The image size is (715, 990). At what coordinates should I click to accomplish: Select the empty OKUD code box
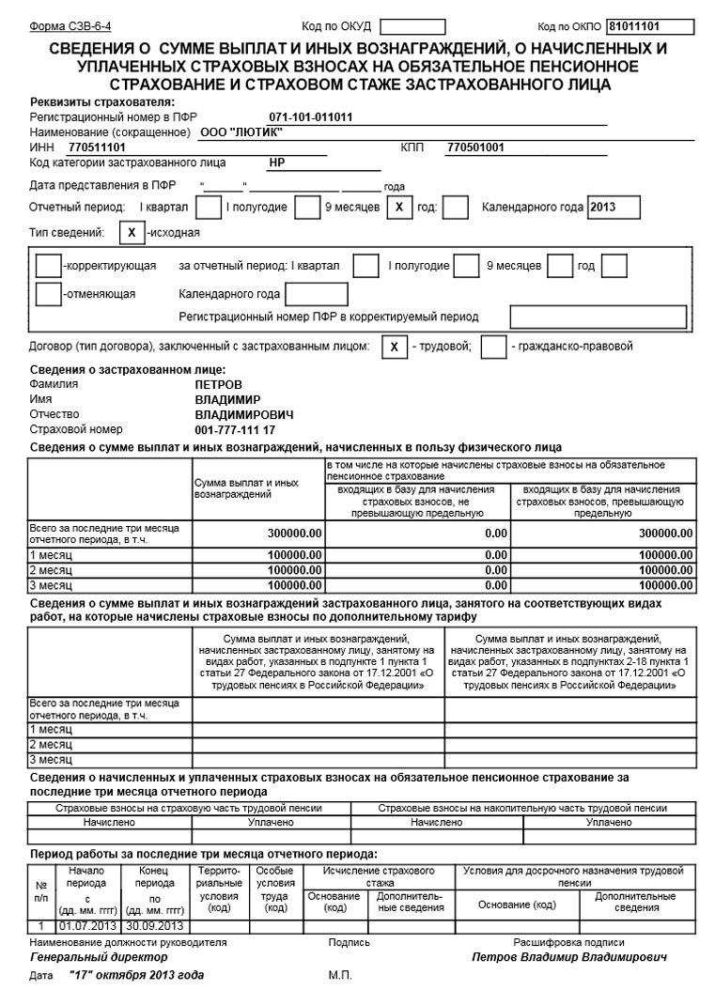coord(387,26)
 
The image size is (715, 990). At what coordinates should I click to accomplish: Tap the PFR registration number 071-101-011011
coord(310,117)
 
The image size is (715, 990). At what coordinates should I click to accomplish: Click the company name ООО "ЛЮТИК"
coord(242,132)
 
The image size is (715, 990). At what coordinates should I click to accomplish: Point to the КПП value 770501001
coord(475,147)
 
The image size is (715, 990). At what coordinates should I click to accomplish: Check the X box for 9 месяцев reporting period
coord(399,207)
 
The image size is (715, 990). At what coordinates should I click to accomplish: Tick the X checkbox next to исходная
coord(132,232)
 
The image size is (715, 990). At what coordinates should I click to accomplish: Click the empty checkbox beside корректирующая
coord(48,266)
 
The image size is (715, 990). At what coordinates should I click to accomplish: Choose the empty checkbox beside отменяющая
coord(48,293)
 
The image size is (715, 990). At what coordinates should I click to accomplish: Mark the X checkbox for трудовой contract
coord(395,347)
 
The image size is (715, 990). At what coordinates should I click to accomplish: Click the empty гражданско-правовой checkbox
coord(493,347)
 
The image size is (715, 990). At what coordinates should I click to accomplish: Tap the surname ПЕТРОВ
coord(218,385)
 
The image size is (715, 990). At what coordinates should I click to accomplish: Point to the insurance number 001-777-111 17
coord(235,429)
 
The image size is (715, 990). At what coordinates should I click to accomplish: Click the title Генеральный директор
coord(99,956)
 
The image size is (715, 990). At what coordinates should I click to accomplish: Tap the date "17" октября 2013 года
coord(136,976)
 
